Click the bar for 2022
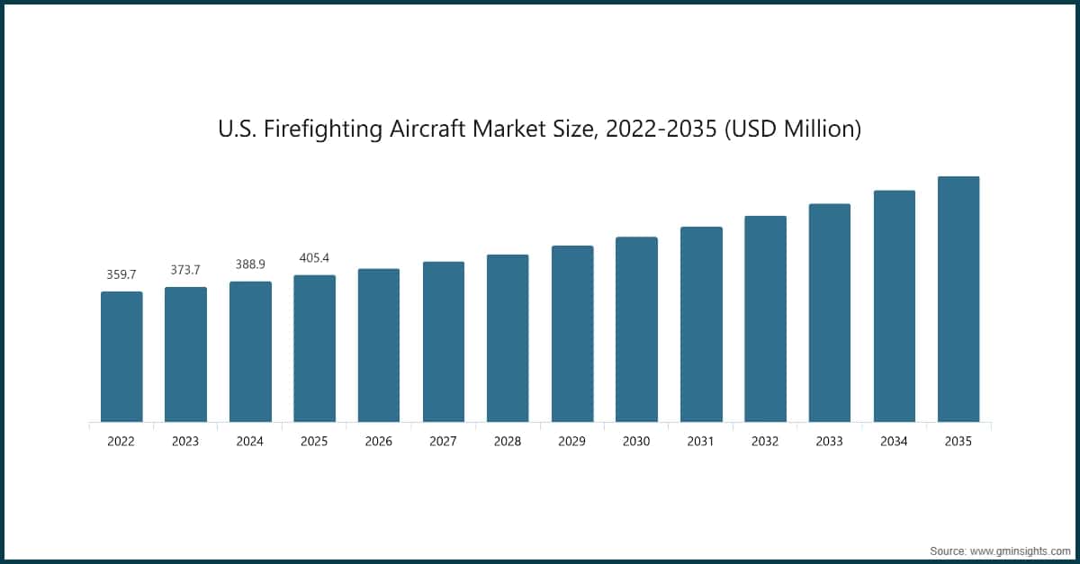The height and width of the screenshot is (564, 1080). (x=121, y=356)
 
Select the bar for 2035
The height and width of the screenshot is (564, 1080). (x=958, y=299)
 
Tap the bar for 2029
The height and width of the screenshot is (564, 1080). (x=572, y=334)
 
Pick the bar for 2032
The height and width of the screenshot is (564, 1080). (x=765, y=318)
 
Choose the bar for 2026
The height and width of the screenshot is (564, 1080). (x=379, y=345)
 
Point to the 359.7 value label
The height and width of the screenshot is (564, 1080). (x=121, y=273)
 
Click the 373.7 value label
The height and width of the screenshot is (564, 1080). (x=185, y=269)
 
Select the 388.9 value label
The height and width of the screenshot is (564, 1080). (x=250, y=264)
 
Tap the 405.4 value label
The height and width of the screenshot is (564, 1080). (x=314, y=257)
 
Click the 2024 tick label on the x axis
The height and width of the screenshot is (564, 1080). (x=250, y=442)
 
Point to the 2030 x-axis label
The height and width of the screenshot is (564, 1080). (x=636, y=442)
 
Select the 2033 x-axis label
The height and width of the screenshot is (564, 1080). (x=830, y=442)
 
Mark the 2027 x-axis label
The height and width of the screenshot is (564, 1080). (x=444, y=442)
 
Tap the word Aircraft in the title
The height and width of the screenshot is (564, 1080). (x=429, y=130)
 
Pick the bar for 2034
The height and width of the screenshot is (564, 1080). (x=894, y=306)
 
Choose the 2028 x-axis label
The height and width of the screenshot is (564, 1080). (x=508, y=442)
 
